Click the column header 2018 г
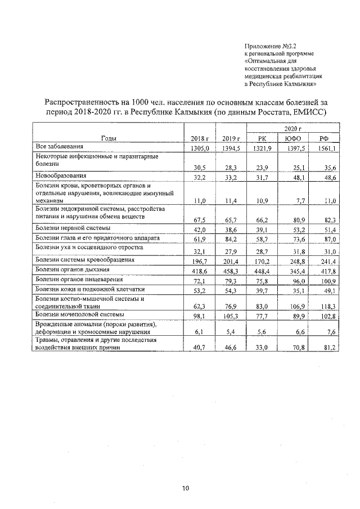(200, 138)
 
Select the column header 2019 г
(231, 138)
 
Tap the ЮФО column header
(292, 138)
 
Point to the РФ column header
(324, 138)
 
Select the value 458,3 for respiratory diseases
(231, 271)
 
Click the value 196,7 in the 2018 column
(200, 260)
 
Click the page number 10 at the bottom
(185, 488)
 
